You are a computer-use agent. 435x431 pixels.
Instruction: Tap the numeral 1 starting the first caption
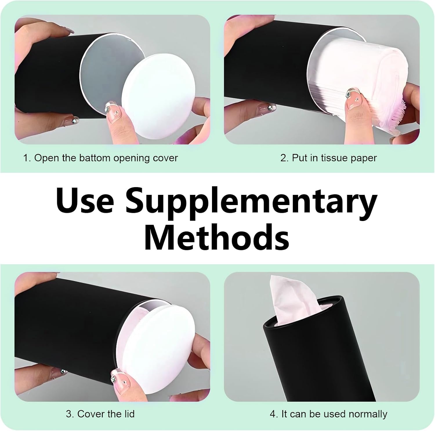pos(26,158)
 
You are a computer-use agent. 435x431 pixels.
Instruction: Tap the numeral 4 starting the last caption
pos(273,414)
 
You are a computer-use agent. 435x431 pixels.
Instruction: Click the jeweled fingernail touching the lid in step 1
pos(114,112)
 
